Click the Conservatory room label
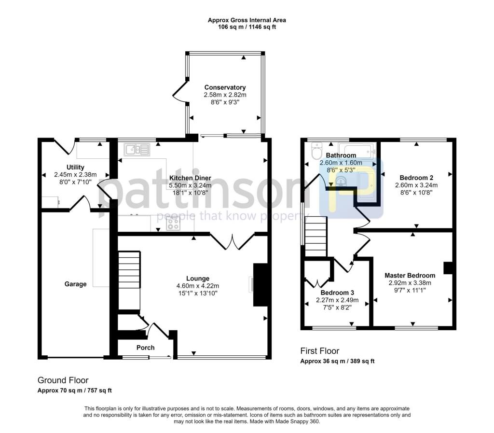point(225,87)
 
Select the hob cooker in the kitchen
point(173,223)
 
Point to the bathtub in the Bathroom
point(357,150)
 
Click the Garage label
point(76,284)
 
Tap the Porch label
point(145,348)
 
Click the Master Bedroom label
point(410,276)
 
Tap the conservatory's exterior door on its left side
point(179,92)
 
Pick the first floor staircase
point(316,237)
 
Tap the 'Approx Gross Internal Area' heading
point(247,20)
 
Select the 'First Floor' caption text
point(319,351)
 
